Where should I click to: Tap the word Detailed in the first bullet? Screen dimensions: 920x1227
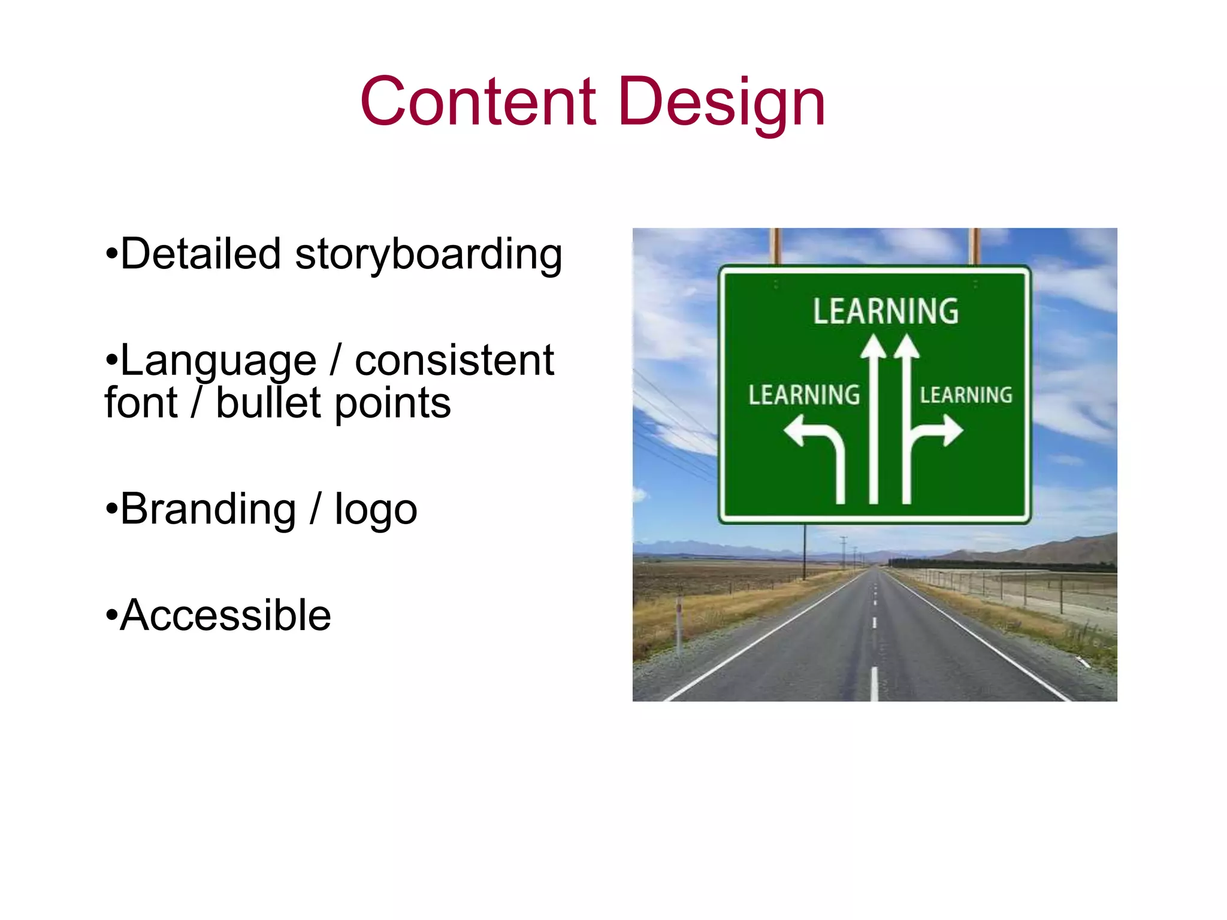click(200, 253)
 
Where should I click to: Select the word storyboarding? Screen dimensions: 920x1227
click(428, 255)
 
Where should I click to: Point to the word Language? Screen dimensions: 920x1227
click(218, 361)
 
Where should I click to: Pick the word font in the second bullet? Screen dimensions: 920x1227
click(141, 402)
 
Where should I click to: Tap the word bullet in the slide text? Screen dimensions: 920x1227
click(268, 402)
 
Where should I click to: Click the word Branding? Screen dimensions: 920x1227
click(208, 509)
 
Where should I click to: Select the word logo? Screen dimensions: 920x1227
click(376, 511)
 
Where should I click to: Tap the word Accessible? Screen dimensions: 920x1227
click(225, 615)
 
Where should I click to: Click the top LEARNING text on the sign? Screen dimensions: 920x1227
click(886, 311)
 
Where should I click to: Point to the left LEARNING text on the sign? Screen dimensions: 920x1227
click(804, 395)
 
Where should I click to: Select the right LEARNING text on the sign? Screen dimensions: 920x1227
click(966, 395)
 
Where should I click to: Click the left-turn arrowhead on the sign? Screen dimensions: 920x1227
click(795, 431)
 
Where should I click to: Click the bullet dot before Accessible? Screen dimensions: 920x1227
click(111, 615)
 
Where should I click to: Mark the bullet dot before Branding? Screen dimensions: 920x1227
click(111, 509)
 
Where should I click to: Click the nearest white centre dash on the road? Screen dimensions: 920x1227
click(874, 683)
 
